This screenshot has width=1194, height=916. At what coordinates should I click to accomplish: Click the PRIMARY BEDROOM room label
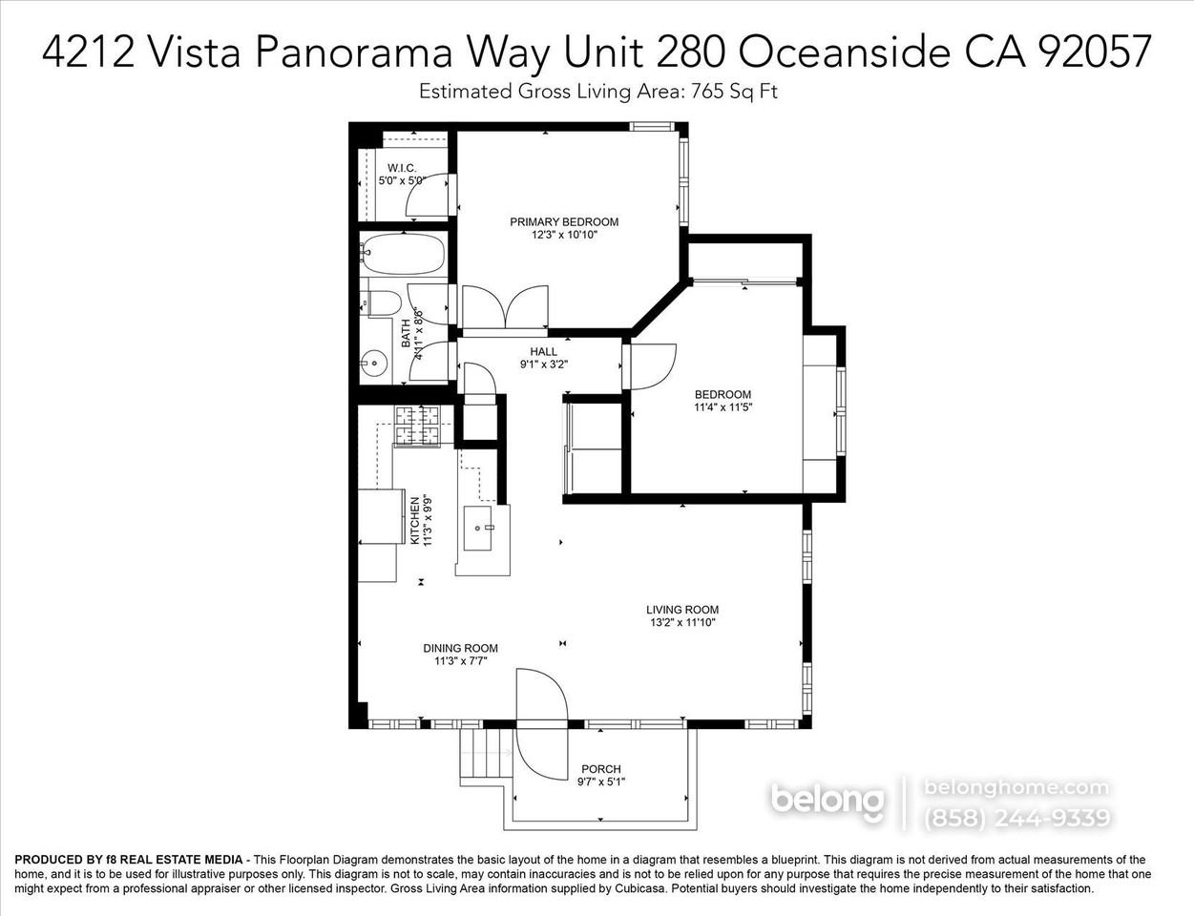[563, 221]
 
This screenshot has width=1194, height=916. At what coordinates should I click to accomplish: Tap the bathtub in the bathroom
[403, 255]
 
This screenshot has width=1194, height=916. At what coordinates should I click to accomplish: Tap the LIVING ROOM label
[681, 610]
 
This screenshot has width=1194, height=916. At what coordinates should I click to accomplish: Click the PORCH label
[600, 769]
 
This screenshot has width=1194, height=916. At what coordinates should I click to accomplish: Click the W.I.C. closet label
[402, 168]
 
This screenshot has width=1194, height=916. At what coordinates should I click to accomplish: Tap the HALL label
[544, 351]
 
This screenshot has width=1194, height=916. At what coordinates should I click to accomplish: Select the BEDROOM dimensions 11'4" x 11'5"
[723, 407]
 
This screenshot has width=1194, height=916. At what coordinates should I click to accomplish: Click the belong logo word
[827, 800]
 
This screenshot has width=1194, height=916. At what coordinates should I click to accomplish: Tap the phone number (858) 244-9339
[1016, 818]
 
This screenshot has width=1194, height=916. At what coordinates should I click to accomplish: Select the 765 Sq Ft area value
[742, 92]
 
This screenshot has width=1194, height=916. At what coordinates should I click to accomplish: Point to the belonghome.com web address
[1016, 787]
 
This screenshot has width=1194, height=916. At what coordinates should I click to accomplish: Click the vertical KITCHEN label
[415, 520]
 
